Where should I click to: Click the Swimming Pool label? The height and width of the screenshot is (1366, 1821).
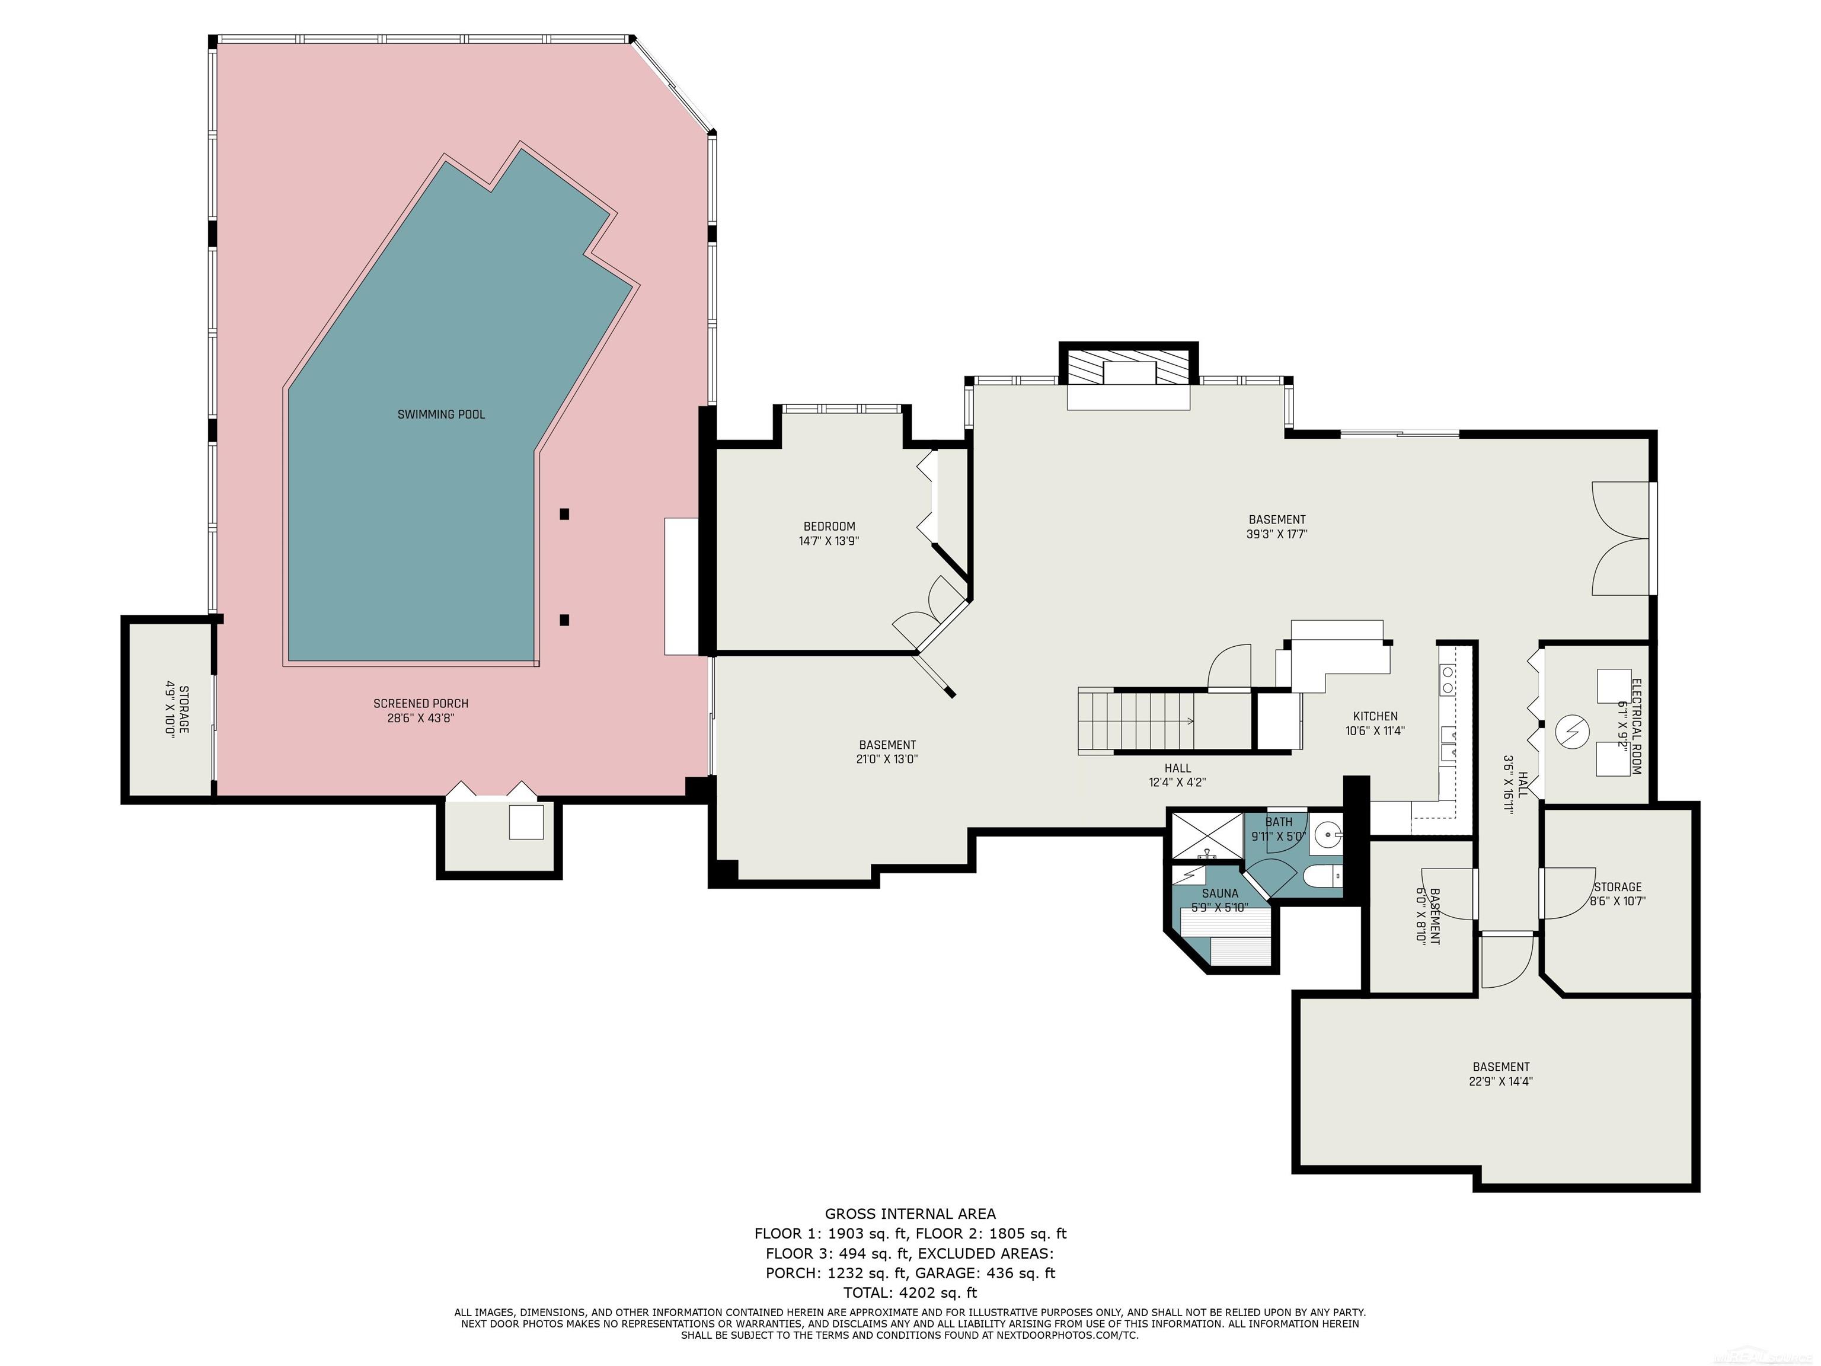click(x=441, y=414)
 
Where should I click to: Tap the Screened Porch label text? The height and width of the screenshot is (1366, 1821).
click(x=421, y=704)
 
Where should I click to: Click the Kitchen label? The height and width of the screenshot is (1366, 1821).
click(x=1375, y=716)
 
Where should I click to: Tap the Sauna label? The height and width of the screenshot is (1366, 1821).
click(x=1219, y=893)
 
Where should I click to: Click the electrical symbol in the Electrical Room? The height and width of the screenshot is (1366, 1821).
click(x=1570, y=730)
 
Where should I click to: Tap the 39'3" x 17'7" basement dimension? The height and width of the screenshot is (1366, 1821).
click(x=1277, y=534)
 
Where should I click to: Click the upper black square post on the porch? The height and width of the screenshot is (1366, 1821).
click(x=564, y=515)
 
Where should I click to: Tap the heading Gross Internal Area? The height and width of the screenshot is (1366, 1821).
click(x=910, y=1214)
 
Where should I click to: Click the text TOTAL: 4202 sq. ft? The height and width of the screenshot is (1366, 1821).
click(x=910, y=1292)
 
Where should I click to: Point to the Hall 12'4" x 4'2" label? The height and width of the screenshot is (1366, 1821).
click(x=1177, y=775)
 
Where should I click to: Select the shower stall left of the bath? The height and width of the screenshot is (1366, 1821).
click(x=1207, y=837)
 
